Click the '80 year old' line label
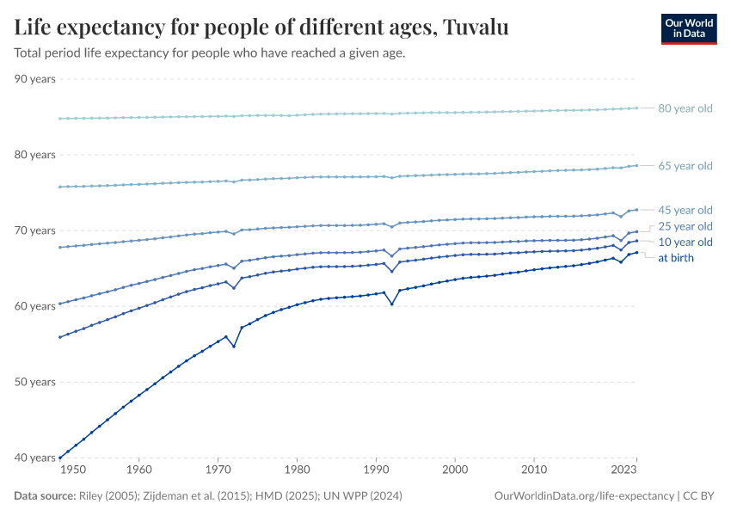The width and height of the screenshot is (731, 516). [x=685, y=108]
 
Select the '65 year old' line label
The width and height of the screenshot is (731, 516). [x=685, y=166]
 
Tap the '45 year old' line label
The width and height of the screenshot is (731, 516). [x=685, y=210]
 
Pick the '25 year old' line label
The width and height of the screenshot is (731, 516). [x=685, y=226]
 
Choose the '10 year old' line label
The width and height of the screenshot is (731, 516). [x=685, y=243]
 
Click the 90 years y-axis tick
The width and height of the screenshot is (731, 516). [x=35, y=79]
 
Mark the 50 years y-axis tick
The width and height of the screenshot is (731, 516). [x=35, y=382]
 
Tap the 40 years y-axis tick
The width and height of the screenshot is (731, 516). [x=35, y=458]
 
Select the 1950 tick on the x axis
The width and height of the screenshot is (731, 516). [x=74, y=470]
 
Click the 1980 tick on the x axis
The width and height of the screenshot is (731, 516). [x=297, y=470]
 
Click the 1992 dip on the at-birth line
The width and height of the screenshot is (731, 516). [x=392, y=304]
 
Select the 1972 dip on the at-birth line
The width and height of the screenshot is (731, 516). [x=234, y=346]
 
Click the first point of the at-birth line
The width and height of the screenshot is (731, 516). [x=59, y=457]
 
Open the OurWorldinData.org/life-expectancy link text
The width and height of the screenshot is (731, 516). [x=585, y=496]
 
